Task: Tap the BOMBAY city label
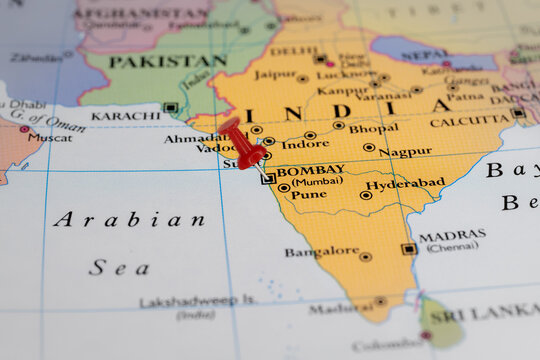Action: tap(310, 170)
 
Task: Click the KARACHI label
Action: tap(125, 116)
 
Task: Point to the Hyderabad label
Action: tap(405, 184)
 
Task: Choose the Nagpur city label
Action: tap(405, 152)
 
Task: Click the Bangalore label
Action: tap(321, 252)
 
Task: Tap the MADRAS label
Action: tap(452, 236)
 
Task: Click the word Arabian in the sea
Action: tap(129, 219)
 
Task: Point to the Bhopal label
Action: tap(373, 128)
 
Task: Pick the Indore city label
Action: tap(305, 144)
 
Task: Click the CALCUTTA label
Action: tap(470, 122)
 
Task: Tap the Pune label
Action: tap(308, 194)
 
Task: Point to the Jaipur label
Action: tap(274, 74)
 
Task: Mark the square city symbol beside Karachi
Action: tap(170, 107)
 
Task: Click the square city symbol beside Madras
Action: tap(408, 249)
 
